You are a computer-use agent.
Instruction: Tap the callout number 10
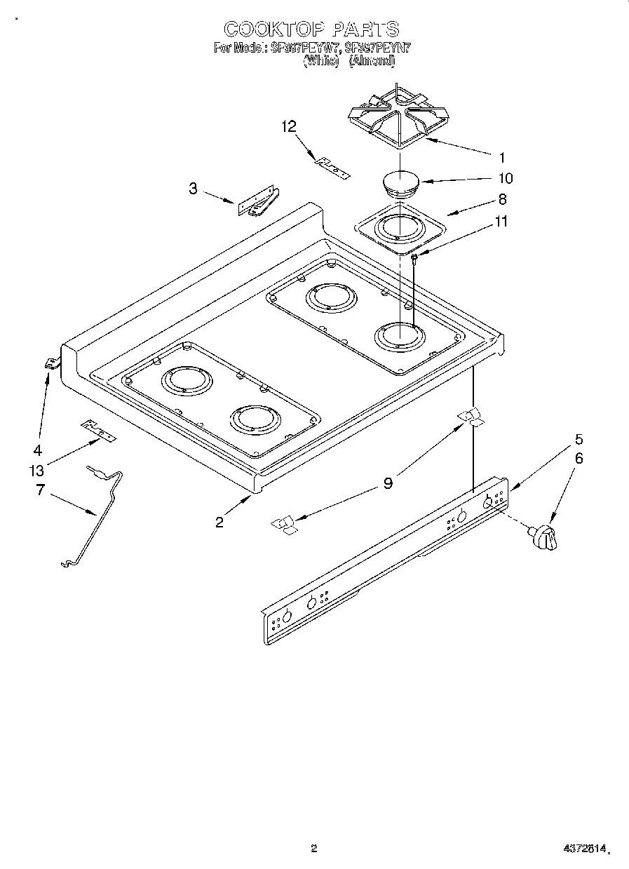click(x=505, y=178)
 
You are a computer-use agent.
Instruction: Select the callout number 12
click(x=289, y=126)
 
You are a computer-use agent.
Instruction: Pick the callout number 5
click(x=579, y=440)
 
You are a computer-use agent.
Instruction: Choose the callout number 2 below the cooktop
click(x=219, y=522)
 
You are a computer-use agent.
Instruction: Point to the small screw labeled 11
click(x=414, y=259)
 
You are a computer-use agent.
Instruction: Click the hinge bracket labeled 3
click(x=257, y=203)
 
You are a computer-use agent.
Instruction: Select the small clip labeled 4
click(x=50, y=363)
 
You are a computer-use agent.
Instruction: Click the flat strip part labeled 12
click(x=332, y=166)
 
